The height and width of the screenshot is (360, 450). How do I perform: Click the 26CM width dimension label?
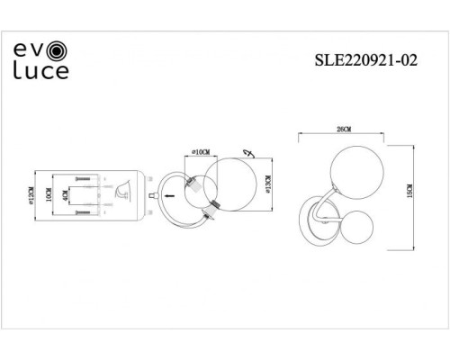tap(342, 130)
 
